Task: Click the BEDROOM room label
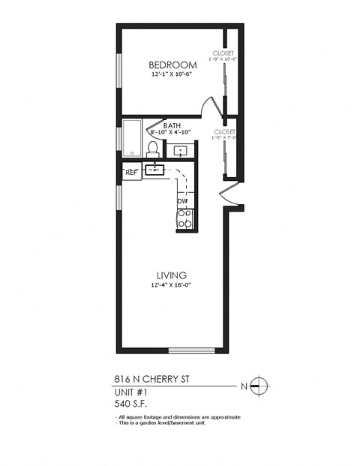(x=172, y=64)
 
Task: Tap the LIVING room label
(x=171, y=275)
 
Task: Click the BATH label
(x=172, y=125)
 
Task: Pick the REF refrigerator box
(x=130, y=172)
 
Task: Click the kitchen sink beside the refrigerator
(x=154, y=170)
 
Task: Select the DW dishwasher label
(x=182, y=201)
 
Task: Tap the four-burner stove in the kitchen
(x=184, y=218)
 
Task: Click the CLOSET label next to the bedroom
(x=223, y=53)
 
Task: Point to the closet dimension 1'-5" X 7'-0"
(x=224, y=137)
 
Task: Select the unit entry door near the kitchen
(x=228, y=200)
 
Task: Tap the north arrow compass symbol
(x=260, y=386)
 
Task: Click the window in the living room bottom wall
(x=193, y=351)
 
